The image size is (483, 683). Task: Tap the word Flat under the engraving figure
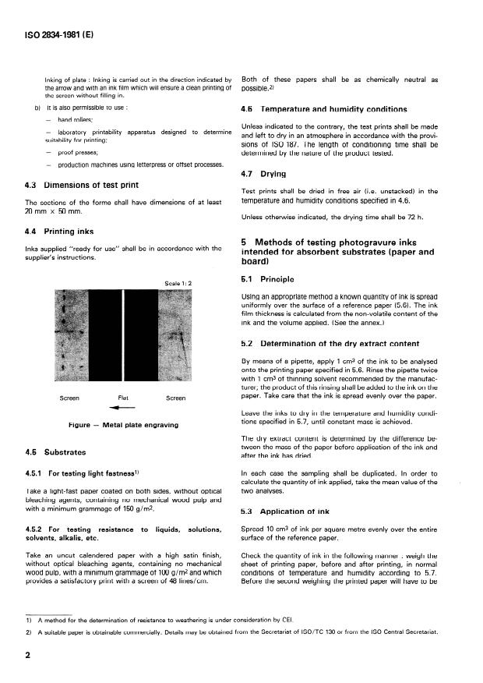(123, 398)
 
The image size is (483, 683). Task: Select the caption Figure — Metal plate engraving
(124, 425)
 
